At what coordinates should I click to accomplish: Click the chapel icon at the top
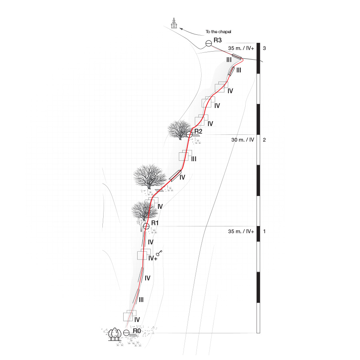coord(174,23)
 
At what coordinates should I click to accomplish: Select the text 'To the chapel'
coord(218,32)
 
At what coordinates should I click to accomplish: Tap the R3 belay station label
coord(218,40)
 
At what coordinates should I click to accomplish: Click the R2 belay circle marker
coord(189,135)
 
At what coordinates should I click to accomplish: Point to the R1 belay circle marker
coord(146,226)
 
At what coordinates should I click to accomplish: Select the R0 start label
coord(137,331)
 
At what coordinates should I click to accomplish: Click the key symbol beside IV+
coord(159,253)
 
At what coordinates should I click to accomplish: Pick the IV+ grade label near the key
coord(152,258)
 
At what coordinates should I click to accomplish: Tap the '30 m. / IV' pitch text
coord(243,140)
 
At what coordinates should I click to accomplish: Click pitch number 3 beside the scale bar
coord(264,48)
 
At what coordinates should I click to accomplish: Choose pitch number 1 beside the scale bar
coord(264,232)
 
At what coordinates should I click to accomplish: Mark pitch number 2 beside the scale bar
coord(264,140)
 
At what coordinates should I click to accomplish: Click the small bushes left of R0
coord(115,334)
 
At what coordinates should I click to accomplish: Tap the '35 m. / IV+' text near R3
coord(241,48)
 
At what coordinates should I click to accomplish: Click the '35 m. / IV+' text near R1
coord(241,232)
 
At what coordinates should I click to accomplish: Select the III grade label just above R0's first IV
coord(141,299)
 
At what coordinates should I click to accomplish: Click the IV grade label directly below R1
coord(151,242)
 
